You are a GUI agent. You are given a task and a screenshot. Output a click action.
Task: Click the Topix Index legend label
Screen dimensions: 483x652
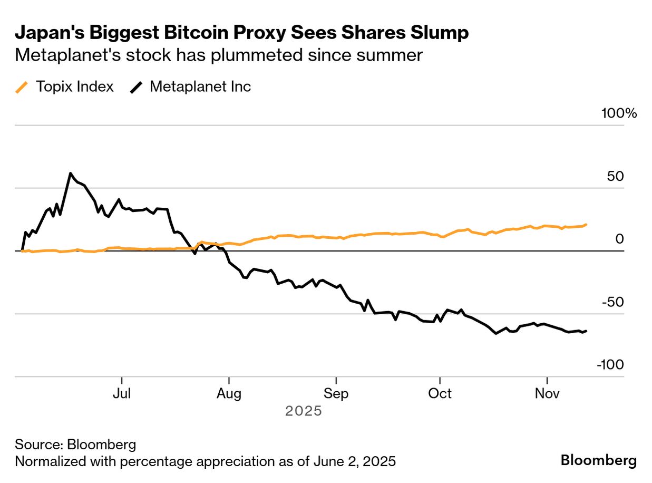(74, 86)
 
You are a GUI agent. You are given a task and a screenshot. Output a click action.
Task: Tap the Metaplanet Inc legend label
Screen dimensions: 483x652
(200, 86)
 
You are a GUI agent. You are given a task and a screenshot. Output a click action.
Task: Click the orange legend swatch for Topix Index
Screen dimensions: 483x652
(22, 87)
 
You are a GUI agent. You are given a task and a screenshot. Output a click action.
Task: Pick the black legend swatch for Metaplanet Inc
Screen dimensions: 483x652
(137, 87)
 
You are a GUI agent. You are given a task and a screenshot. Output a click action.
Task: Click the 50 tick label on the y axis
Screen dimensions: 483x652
(616, 176)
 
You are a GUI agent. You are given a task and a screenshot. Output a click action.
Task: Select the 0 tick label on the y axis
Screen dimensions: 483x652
(619, 239)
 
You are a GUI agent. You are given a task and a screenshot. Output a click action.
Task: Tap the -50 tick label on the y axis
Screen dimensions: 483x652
(613, 302)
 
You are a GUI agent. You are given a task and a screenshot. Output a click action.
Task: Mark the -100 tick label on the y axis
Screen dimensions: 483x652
(610, 365)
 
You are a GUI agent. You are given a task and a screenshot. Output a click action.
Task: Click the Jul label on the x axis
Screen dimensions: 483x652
(122, 394)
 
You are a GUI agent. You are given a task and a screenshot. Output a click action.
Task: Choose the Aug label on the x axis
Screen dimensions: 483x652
(229, 394)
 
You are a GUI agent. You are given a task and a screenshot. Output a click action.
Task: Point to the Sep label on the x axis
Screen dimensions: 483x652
(336, 394)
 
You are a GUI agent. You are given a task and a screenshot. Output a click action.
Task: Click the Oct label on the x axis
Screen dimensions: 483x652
(440, 394)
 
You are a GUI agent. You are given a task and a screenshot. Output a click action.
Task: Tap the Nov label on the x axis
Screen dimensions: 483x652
(547, 394)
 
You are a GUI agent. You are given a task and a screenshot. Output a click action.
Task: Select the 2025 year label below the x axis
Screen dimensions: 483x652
(303, 411)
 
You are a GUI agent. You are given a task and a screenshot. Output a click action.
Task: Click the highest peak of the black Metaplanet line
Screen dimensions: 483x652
(70, 173)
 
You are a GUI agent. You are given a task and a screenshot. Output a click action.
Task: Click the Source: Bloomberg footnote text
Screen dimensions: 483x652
(75, 444)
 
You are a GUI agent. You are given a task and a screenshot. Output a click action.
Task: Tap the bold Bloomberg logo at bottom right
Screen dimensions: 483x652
(598, 460)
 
